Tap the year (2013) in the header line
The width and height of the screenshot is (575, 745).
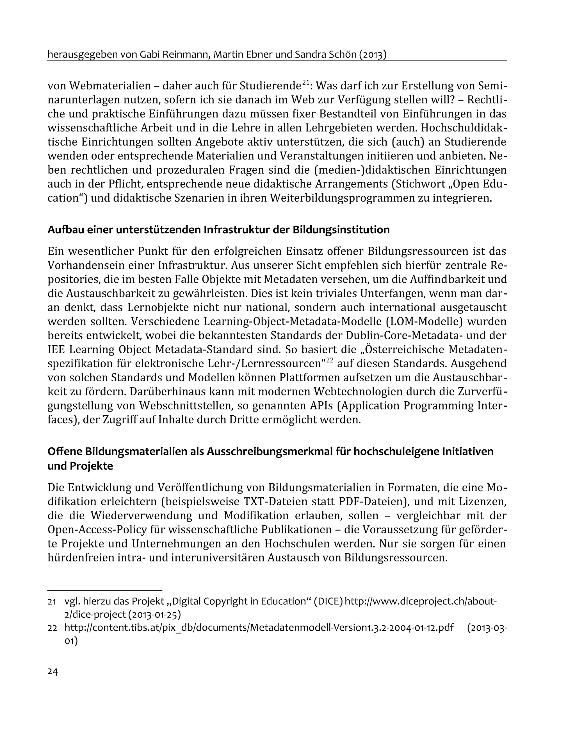pos(373,55)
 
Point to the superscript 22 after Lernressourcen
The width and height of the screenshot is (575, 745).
pos(329,361)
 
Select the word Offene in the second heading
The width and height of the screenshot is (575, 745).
pos(64,451)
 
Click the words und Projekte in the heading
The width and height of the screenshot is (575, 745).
pos(80,466)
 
